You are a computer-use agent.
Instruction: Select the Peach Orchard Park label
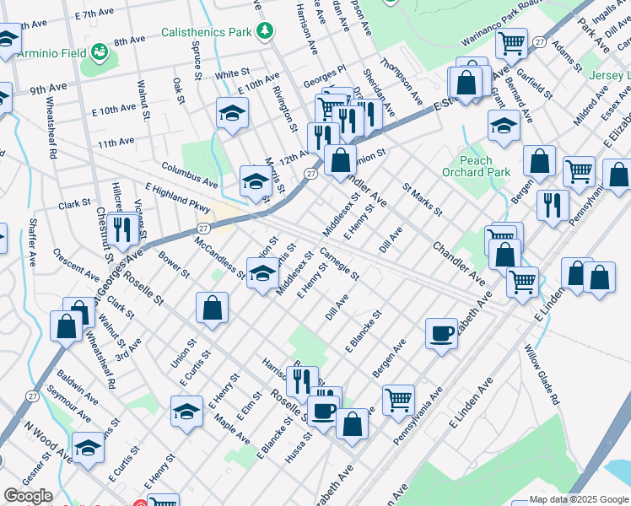click(x=476, y=166)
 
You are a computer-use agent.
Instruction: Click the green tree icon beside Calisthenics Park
click(x=266, y=31)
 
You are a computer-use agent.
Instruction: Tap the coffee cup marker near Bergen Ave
click(x=441, y=334)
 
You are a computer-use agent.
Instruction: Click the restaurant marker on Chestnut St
click(x=123, y=229)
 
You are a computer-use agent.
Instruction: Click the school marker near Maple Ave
click(x=186, y=412)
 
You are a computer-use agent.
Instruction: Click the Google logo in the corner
click(x=28, y=496)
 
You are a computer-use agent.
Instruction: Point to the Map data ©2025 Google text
click(x=579, y=500)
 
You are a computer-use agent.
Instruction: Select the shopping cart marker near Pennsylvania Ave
click(x=398, y=399)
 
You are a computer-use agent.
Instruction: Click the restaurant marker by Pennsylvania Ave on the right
click(x=553, y=206)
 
